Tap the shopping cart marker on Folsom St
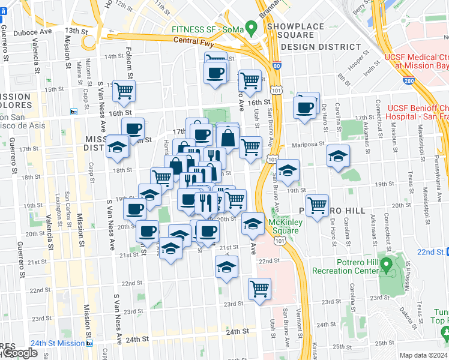click(x=124, y=91)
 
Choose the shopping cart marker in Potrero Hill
click(x=317, y=205)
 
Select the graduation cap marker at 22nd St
click(x=227, y=267)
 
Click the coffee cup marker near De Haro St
click(x=305, y=108)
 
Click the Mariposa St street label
click(x=308, y=144)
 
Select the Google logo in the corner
click(x=19, y=353)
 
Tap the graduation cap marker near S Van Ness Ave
click(x=118, y=147)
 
